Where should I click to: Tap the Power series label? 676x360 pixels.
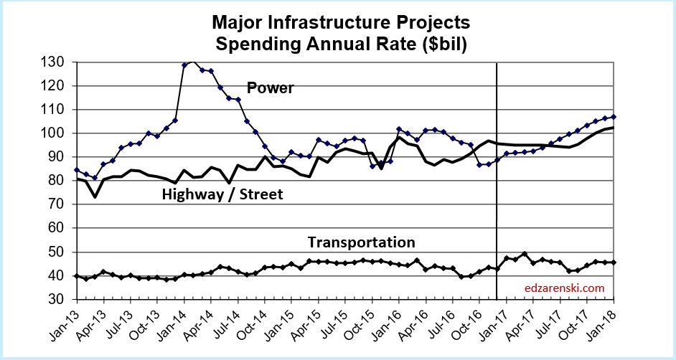click(271, 88)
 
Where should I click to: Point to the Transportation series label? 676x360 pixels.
click(361, 242)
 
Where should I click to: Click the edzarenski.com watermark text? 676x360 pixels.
click(564, 289)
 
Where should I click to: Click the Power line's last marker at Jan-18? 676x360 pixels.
click(614, 117)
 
